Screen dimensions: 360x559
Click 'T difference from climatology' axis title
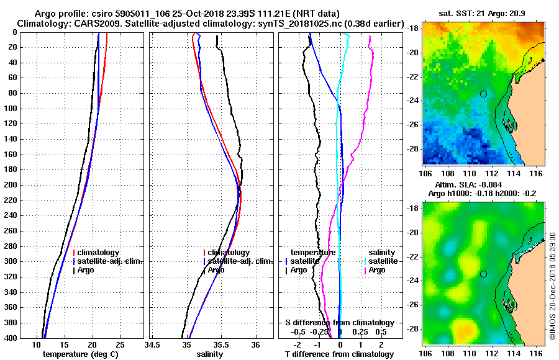click(x=339, y=354)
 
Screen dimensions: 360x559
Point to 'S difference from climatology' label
click(x=339, y=323)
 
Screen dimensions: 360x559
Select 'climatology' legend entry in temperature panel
click(x=96, y=253)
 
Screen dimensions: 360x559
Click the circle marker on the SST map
click(x=483, y=94)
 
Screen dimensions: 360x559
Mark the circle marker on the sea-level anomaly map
click(x=483, y=274)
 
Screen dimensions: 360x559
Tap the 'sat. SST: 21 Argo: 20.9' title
click(x=483, y=13)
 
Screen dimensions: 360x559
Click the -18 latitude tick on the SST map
click(x=412, y=29)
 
